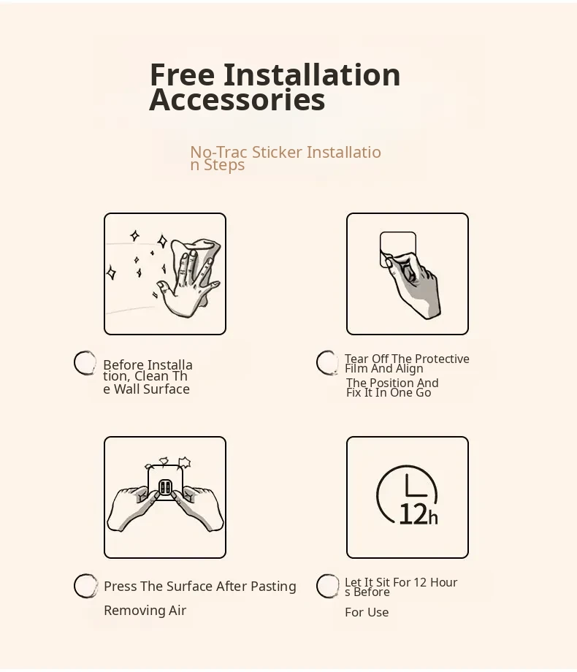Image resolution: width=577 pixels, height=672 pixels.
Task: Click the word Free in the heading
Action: click(182, 75)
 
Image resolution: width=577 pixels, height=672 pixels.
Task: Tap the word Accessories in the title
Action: click(237, 99)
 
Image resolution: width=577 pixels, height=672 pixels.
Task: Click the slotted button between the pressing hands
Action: click(165, 488)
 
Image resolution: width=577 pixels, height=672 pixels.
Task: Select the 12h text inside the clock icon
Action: click(418, 514)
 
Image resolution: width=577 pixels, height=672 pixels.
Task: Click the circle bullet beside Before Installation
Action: click(85, 362)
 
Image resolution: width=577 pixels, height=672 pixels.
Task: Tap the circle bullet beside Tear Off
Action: click(327, 362)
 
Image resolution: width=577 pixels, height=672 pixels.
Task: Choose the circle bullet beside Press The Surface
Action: click(85, 586)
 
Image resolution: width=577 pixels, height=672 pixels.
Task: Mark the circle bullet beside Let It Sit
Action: click(327, 586)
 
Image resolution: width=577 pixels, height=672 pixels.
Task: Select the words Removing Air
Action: click(145, 611)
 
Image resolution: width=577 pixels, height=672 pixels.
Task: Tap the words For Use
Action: click(367, 612)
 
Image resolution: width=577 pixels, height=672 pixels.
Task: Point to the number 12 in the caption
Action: click(420, 582)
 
